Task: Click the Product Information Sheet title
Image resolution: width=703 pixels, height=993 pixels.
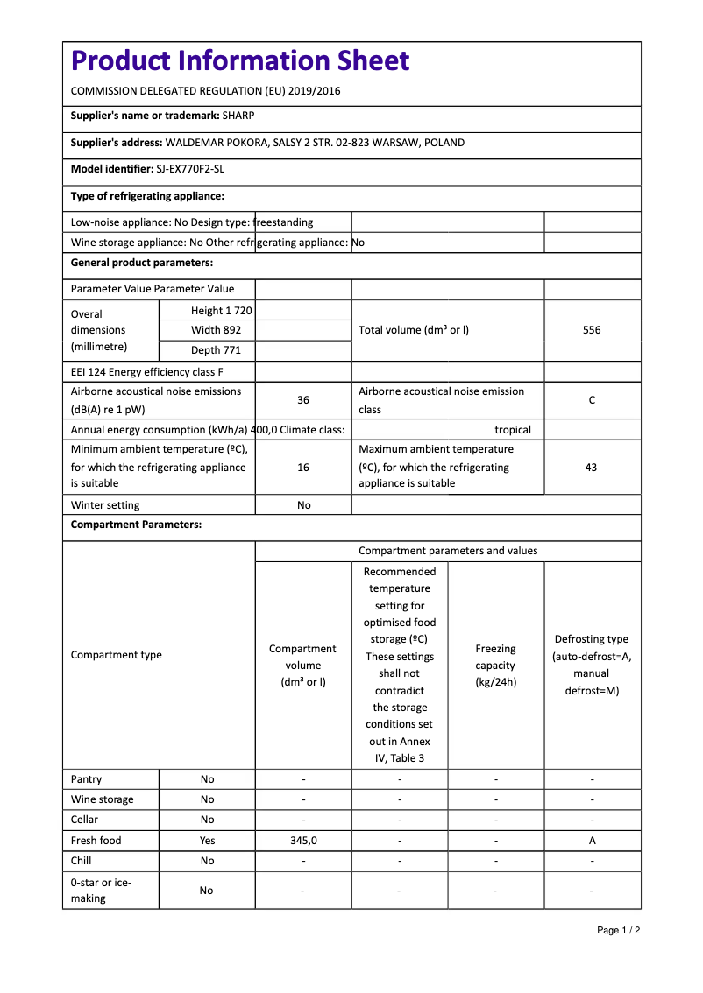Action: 240,60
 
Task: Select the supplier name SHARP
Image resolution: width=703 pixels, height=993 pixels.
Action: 238,115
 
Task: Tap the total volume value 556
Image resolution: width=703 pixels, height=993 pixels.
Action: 592,330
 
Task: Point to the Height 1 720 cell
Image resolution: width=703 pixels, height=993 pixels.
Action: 221,311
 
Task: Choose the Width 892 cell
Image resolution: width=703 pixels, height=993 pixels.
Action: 216,330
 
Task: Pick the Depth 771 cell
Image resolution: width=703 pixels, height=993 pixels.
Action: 216,350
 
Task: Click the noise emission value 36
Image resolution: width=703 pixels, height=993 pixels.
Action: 303,400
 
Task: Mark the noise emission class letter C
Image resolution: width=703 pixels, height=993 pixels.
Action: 592,400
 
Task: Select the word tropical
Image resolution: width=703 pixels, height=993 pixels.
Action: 513,430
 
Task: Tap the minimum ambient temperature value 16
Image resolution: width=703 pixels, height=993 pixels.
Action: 303,468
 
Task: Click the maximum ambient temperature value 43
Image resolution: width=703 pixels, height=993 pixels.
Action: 591,468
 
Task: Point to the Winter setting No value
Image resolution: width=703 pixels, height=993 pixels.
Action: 303,505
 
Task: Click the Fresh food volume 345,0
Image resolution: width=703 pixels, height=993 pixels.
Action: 303,841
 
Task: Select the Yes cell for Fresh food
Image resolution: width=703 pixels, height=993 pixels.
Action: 207,841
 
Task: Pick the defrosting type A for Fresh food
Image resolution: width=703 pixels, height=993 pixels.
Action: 592,841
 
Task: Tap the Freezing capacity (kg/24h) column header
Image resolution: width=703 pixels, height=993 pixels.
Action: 495,666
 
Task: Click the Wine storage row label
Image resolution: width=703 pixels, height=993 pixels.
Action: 103,799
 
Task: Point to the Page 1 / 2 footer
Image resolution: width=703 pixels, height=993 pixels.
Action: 618,930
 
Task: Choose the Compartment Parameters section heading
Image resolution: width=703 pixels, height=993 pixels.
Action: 136,525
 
